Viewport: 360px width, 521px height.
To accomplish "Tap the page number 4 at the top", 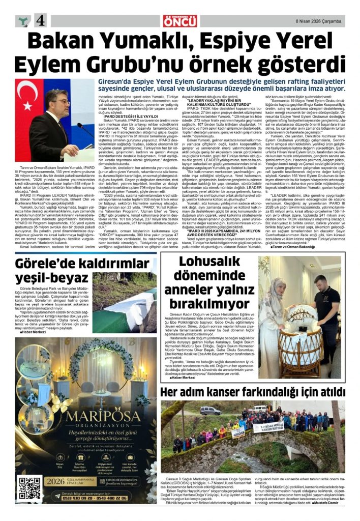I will [41, 20].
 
